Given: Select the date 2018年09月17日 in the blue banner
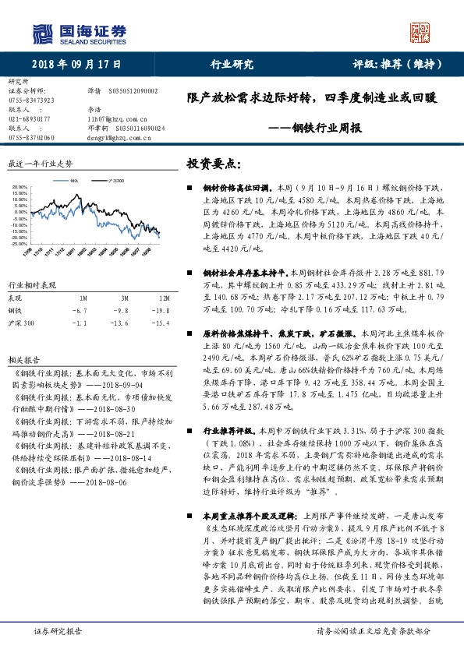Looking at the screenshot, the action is coord(69,65).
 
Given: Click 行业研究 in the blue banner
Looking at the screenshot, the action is coord(232,65).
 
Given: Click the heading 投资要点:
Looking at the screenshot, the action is coord(212,164).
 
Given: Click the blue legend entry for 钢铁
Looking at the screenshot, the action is coord(73,179).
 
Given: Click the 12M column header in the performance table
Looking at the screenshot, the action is coord(142,298).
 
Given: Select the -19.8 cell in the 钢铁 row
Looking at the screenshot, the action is coord(142,309).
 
